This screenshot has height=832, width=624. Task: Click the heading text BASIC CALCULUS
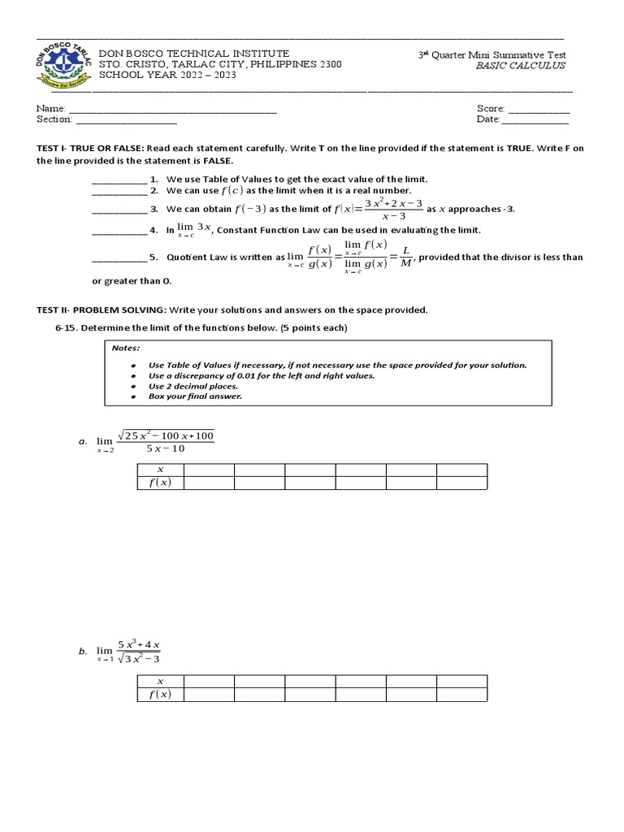click(x=520, y=66)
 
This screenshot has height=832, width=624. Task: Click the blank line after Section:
click(x=126, y=121)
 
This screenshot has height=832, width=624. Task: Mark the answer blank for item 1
click(x=119, y=180)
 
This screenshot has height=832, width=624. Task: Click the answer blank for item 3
click(x=119, y=210)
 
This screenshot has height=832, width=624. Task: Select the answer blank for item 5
click(x=119, y=258)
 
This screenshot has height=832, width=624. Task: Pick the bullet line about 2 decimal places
click(x=191, y=386)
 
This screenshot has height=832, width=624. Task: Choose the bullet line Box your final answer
click(x=195, y=396)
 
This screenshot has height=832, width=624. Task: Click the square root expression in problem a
click(x=167, y=436)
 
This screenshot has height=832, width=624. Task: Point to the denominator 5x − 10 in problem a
click(x=166, y=449)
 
